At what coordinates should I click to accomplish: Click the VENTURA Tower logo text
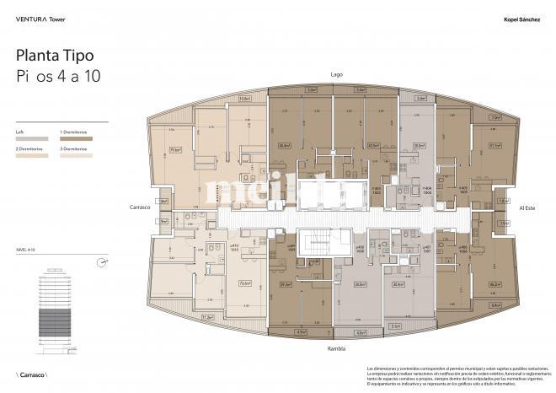point(41,17)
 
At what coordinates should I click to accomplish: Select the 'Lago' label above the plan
point(337,74)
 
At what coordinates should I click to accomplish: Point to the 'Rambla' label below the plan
point(337,347)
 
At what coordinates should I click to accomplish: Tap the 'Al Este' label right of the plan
point(527,207)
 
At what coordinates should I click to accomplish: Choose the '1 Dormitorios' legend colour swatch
point(76,140)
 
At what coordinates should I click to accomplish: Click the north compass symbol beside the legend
point(103,262)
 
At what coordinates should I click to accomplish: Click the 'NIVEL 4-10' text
point(28,250)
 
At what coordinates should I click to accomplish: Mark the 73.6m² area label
point(246,283)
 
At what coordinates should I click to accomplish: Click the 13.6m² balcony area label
point(245,99)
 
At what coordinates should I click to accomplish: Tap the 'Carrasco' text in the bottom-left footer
point(33,374)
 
